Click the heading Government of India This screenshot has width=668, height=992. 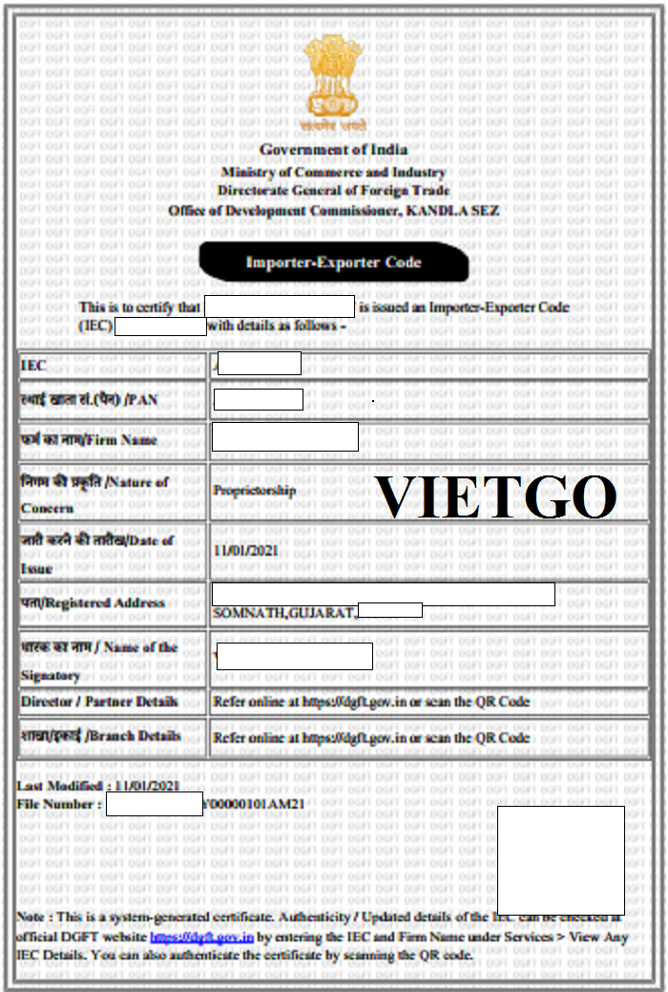[x=334, y=150]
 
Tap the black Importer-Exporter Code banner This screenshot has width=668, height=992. [x=334, y=262]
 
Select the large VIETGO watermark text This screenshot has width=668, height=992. [x=495, y=496]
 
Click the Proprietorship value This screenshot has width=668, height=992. [x=255, y=491]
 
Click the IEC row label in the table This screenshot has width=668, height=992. [x=33, y=366]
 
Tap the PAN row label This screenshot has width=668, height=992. [x=90, y=400]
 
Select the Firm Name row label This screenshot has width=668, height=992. [x=90, y=440]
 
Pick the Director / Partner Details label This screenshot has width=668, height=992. [x=99, y=702]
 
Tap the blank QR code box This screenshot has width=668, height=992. [x=560, y=859]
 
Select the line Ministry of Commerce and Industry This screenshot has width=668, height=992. [x=334, y=173]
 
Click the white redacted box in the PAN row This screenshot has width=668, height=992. [x=258, y=400]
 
